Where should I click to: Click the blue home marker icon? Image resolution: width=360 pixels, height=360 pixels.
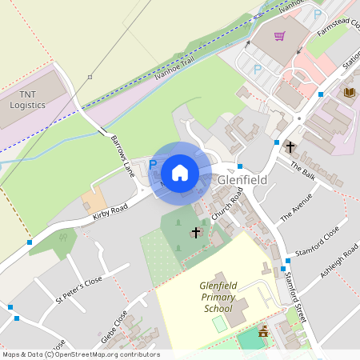tap(180, 173)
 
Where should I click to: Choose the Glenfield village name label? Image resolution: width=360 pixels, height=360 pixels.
tap(242, 181)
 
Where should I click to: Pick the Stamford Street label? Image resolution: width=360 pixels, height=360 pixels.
tap(295, 297)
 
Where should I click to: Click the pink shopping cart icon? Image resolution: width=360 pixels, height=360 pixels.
tap(279, 36)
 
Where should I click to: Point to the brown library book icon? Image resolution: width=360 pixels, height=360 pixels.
tap(349, 93)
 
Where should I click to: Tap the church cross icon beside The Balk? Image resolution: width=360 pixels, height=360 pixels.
tap(290, 147)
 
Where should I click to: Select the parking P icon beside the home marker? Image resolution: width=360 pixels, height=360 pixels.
tap(153, 164)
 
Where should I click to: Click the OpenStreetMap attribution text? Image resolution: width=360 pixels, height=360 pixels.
tap(81, 354)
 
